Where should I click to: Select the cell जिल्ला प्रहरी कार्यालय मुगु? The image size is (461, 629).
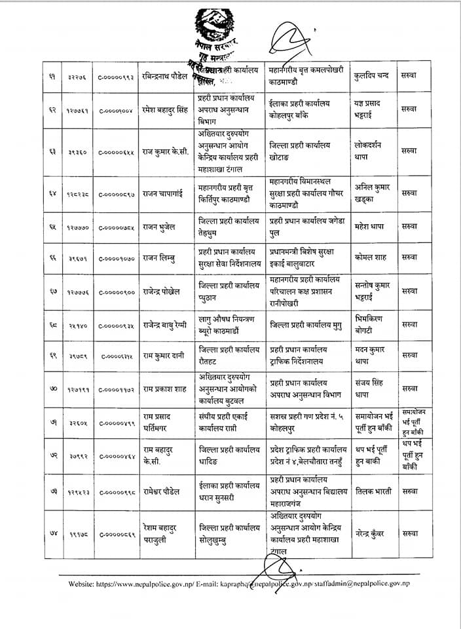coord(306,325)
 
